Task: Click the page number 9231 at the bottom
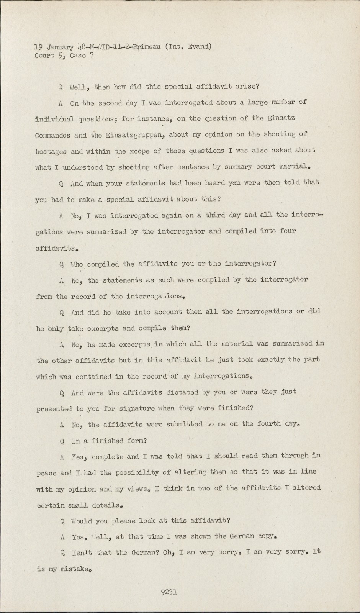pyautogui.click(x=169, y=592)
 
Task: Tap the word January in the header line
pyautogui.click(x=60, y=48)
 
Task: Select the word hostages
pyautogui.click(x=51, y=152)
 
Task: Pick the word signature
pyautogui.click(x=125, y=408)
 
